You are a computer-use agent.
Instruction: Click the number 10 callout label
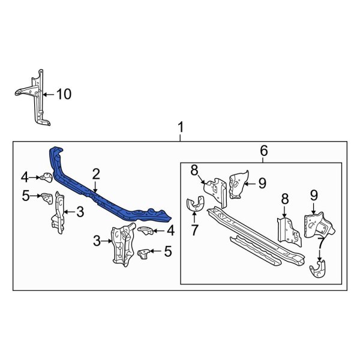click(x=64, y=94)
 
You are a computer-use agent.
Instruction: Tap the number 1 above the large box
click(x=181, y=127)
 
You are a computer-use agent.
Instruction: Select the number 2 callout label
click(x=95, y=174)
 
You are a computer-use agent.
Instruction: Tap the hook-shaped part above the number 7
click(x=193, y=205)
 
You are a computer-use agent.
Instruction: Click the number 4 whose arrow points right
click(x=25, y=176)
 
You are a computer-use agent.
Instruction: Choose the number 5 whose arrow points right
click(x=25, y=194)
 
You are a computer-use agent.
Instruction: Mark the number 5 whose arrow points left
click(x=167, y=252)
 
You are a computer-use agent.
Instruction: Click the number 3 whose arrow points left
click(x=79, y=211)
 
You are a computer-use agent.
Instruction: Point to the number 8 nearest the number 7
click(x=194, y=171)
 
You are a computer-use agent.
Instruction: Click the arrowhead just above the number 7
click(x=193, y=217)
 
